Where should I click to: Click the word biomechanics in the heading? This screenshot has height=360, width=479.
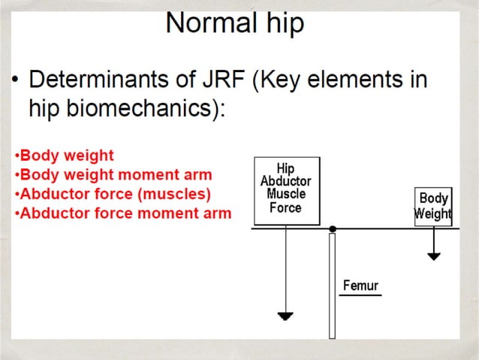coord(137,108)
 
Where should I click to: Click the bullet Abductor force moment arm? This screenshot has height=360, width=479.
coord(125,213)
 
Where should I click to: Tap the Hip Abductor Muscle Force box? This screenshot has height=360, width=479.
coord(286,191)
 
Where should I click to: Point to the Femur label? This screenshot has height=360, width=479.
coord(360,286)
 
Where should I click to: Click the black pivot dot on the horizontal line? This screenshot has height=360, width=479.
coord(333,228)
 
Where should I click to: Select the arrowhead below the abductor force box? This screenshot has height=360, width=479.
coord(285,315)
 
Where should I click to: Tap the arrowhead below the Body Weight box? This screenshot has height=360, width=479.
coord(433,256)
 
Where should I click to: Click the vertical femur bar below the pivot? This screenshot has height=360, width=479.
coord(332,286)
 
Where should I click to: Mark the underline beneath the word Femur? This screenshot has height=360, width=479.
coord(360,295)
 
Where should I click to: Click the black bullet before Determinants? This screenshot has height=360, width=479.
coord(14,80)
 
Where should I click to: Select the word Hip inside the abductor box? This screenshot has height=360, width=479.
coord(286,170)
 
